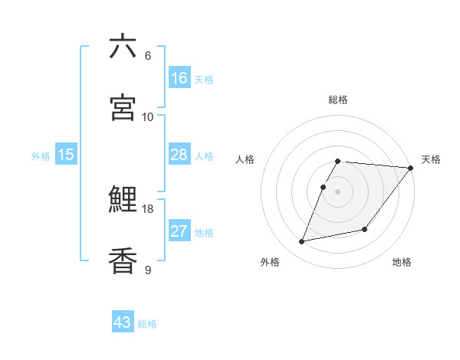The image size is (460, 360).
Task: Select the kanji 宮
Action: [x=123, y=107]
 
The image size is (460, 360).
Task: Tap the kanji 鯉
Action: [x=123, y=200]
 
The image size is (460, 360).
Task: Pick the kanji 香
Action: [x=123, y=260]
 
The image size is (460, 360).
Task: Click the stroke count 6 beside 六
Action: [x=147, y=56]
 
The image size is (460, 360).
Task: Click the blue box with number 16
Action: [x=179, y=78]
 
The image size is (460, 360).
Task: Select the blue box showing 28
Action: [x=179, y=155]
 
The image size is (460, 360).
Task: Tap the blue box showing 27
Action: [x=179, y=231]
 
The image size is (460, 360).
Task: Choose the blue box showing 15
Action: [x=66, y=155]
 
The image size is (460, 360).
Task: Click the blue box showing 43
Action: [x=123, y=322]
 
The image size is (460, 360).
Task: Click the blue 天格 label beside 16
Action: [x=204, y=80]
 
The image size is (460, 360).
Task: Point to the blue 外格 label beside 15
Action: [x=41, y=156]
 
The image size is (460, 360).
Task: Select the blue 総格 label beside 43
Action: [x=147, y=324]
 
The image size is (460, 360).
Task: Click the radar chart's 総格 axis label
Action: [x=338, y=100]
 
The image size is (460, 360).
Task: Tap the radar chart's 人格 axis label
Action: [x=245, y=159]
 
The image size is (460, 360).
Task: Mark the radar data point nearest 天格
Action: [x=411, y=169]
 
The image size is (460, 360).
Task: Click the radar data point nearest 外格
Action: [x=302, y=241]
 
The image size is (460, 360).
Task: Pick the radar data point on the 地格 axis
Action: [x=365, y=229]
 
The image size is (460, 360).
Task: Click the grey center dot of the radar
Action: [x=338, y=191]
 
